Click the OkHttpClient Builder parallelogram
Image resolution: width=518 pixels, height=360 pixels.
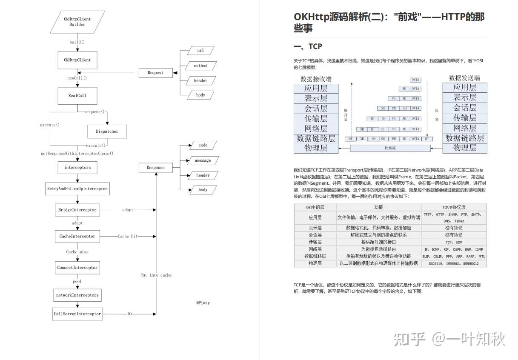[x=77, y=22]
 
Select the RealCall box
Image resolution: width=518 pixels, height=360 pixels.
[x=77, y=96]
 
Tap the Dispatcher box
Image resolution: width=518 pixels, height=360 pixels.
[x=107, y=131]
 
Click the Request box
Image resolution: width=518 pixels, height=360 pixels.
[x=155, y=73]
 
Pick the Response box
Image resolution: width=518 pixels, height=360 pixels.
[x=155, y=168]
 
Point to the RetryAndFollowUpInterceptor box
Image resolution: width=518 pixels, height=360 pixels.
[x=77, y=189]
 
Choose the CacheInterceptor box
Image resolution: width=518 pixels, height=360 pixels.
[x=77, y=236]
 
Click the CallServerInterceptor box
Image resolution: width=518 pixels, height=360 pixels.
[x=77, y=314]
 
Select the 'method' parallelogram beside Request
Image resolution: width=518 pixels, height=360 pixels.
[x=200, y=66]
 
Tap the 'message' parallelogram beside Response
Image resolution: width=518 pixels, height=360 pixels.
[x=203, y=160]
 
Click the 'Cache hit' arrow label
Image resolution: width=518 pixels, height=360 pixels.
[x=128, y=236]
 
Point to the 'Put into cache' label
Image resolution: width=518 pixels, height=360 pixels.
[x=156, y=275]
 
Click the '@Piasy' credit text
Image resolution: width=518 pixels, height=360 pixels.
[x=203, y=303]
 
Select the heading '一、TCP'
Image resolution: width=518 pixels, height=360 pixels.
[x=308, y=46]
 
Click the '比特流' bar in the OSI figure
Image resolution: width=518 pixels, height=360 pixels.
[x=390, y=148]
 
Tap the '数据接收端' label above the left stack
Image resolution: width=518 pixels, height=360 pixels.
[x=316, y=79]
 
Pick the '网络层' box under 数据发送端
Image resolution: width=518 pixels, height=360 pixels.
[x=465, y=128]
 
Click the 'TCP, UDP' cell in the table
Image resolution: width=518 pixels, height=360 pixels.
[x=454, y=242]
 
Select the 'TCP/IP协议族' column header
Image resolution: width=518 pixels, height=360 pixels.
[x=454, y=207]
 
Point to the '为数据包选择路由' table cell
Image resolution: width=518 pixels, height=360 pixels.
[x=378, y=249]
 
